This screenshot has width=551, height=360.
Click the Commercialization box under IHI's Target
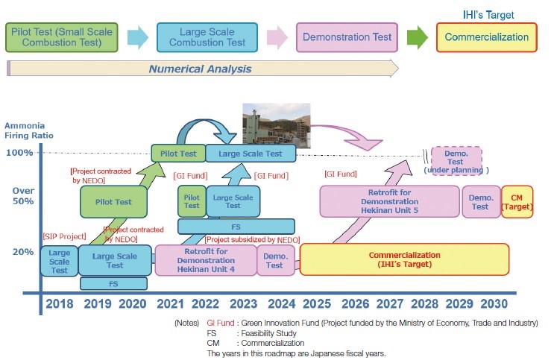(x=486, y=37)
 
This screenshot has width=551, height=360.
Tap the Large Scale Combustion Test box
(x=207, y=37)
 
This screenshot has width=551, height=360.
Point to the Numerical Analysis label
(x=200, y=69)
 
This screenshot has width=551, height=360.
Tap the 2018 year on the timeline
(x=60, y=304)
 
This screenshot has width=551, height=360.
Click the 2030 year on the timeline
(x=494, y=304)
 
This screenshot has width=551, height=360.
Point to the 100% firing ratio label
(x=19, y=153)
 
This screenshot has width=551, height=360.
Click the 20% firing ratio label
(x=22, y=251)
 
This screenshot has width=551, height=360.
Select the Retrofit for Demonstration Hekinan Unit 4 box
(x=205, y=260)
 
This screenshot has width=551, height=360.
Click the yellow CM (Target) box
(x=517, y=201)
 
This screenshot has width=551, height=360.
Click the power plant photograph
(x=276, y=123)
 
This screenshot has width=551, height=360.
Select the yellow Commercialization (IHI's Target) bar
(x=404, y=259)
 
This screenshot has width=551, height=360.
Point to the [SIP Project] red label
(x=65, y=236)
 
